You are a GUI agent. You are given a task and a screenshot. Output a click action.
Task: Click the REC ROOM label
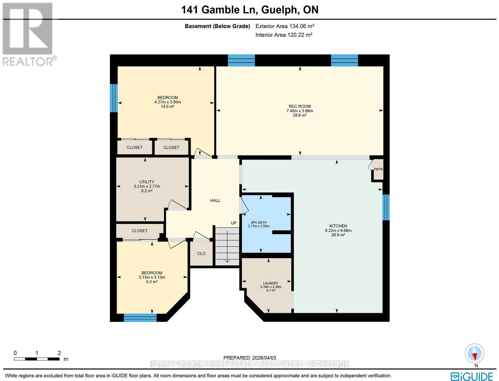click(300, 106)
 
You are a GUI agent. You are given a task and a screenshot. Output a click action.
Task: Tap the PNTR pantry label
click(378, 169)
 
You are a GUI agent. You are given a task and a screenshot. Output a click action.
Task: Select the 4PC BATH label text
click(258, 223)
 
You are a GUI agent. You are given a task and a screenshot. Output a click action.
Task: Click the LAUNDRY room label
click(270, 283)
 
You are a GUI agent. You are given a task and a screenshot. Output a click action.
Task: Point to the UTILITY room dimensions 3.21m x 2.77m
click(147, 186)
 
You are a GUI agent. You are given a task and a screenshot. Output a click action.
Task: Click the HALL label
click(215, 200)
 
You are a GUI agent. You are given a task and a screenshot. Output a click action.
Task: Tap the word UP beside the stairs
click(234, 223)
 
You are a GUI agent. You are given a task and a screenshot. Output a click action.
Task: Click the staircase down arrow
click(227, 260)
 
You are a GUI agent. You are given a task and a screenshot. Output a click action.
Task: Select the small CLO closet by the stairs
click(201, 253)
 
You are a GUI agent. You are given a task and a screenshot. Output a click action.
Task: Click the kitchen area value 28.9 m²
click(338, 235)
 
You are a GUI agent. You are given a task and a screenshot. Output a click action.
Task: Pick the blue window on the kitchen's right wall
click(386, 207)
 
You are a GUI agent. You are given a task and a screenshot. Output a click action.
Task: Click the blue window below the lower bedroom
click(140, 317)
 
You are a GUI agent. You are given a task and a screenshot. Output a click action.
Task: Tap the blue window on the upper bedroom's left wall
click(113, 98)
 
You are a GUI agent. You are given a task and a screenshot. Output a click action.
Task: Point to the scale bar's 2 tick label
click(59, 353)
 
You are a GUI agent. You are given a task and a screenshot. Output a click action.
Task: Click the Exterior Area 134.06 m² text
click(285, 26)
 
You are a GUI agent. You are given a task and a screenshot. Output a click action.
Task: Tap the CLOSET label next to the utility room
click(139, 231)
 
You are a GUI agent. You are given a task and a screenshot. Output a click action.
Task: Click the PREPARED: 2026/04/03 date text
click(249, 358)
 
